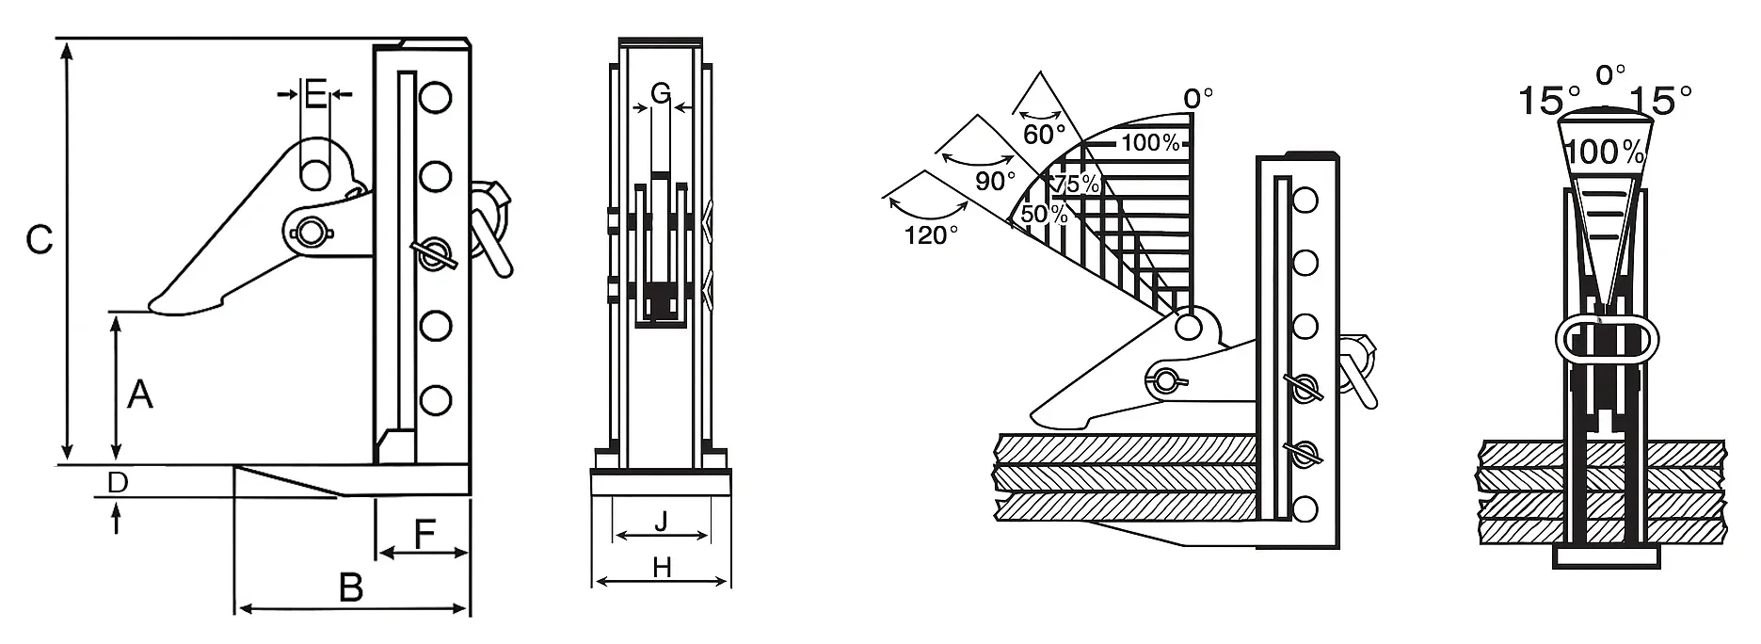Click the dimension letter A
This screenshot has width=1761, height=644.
(x=139, y=394)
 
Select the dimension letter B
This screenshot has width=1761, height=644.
(x=350, y=588)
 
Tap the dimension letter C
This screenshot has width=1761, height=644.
(x=39, y=240)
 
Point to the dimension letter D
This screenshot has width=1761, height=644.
(x=117, y=483)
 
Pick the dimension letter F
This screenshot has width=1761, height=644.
(x=424, y=535)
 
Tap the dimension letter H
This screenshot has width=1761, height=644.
(x=662, y=567)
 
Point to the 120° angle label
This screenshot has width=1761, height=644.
(x=931, y=234)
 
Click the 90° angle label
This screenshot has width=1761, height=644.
(x=995, y=180)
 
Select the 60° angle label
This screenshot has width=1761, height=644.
(x=1044, y=135)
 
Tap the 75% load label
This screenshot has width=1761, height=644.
(x=1076, y=184)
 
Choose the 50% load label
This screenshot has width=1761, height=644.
(x=1044, y=214)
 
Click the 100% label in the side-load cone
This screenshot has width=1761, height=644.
(x=1606, y=152)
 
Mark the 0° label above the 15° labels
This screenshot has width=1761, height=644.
(x=1610, y=74)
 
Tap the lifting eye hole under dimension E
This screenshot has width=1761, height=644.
(x=316, y=174)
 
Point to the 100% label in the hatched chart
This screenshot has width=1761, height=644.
(x=1150, y=143)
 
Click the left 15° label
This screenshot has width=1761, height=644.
(x=1549, y=101)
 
